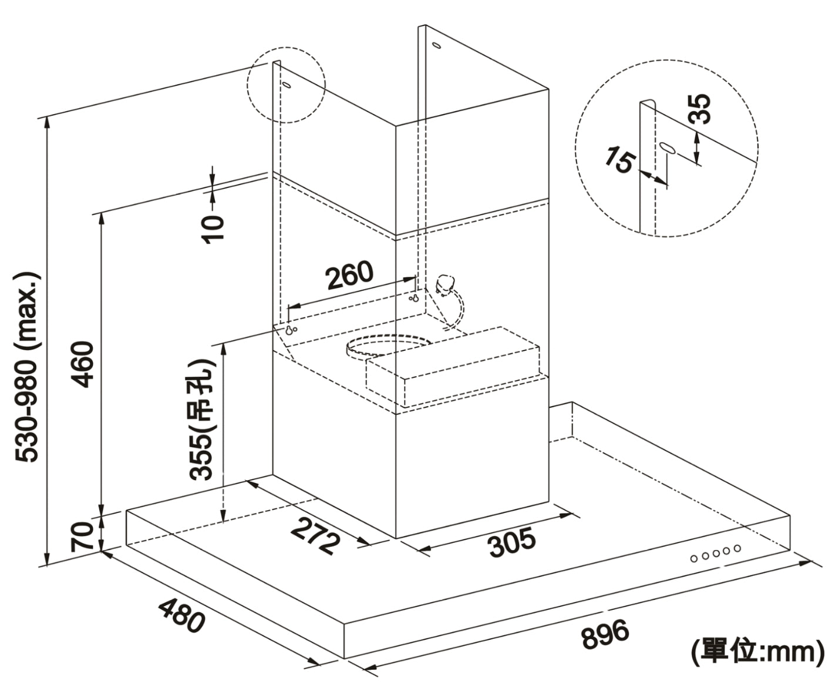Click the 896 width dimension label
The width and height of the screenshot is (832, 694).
[x=605, y=634]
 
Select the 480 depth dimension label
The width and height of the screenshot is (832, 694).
[x=181, y=614]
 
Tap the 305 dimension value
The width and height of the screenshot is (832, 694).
[x=513, y=542]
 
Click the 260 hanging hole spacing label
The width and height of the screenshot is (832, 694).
[x=350, y=275]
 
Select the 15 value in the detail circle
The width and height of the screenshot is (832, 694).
[x=620, y=160]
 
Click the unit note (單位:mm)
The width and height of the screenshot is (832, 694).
[x=757, y=652]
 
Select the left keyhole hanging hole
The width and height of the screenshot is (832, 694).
[x=289, y=330]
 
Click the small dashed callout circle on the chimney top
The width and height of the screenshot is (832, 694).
[x=285, y=85]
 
